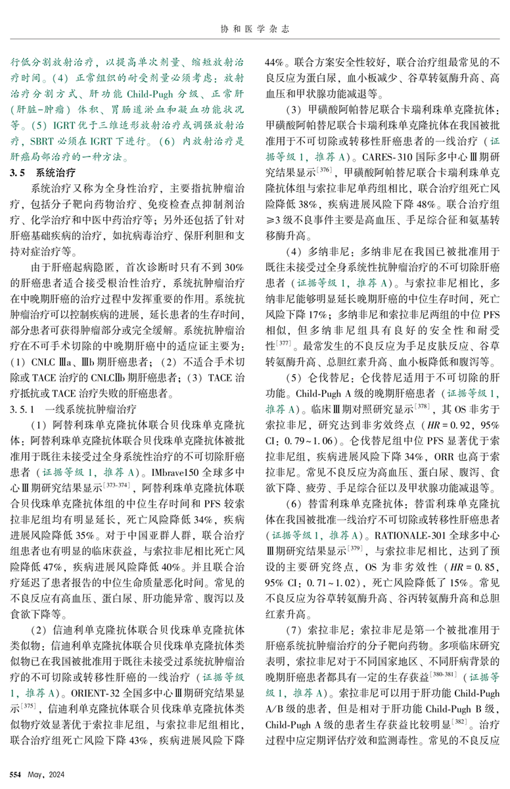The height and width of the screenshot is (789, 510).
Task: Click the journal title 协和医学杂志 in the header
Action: [254, 28]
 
